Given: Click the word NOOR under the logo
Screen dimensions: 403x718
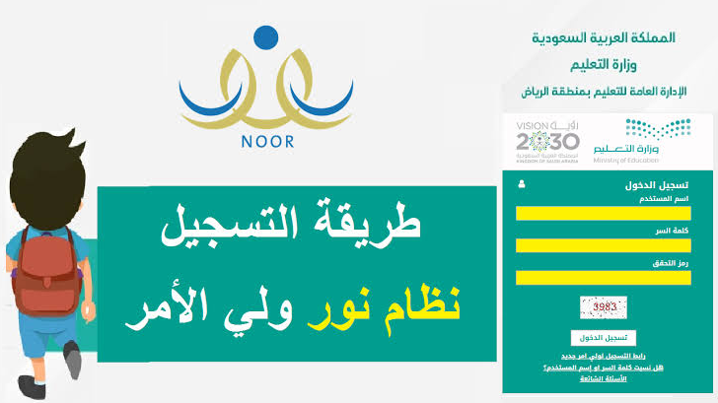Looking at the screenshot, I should (267, 142).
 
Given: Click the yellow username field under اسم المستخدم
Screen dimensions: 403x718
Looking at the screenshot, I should (603, 213).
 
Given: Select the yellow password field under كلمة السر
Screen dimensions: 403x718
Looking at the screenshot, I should (603, 245).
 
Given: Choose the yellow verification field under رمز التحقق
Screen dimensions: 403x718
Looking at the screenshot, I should (603, 278).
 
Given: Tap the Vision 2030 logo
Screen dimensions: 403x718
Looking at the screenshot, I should (547, 140).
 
